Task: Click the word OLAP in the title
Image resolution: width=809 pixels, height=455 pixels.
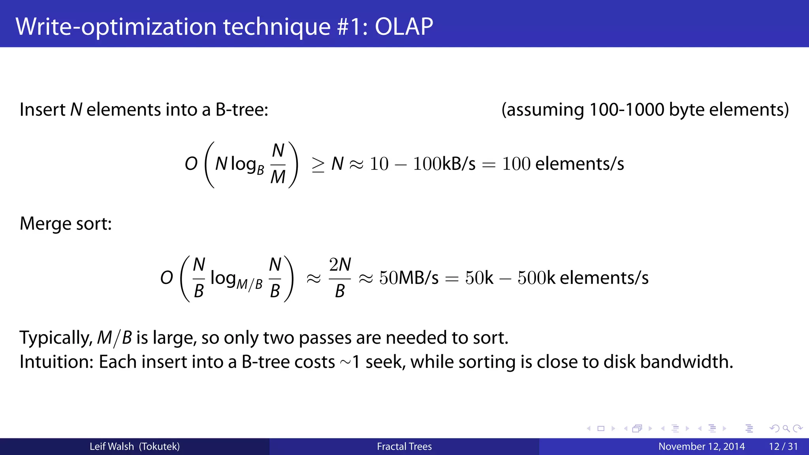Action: (x=403, y=26)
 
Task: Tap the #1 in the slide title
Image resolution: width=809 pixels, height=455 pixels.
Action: (x=352, y=26)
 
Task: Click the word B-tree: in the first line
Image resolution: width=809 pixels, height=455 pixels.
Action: (x=242, y=109)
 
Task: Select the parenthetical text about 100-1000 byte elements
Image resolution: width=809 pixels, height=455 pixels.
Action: (x=645, y=109)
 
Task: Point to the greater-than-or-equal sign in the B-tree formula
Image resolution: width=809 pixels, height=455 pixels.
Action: (x=318, y=164)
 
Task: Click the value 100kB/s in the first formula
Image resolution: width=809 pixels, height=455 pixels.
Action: (x=444, y=164)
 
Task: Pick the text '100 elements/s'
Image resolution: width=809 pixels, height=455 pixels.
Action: (x=563, y=164)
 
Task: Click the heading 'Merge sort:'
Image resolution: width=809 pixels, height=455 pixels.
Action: (x=66, y=224)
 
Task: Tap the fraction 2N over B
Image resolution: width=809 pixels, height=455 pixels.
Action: (x=340, y=278)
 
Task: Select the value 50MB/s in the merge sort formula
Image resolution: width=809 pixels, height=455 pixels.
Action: (x=409, y=278)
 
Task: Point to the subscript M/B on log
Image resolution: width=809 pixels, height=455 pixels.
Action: (x=249, y=284)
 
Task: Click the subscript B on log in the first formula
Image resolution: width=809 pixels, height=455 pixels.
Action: (x=260, y=170)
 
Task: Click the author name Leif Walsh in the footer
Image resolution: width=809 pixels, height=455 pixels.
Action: (x=112, y=446)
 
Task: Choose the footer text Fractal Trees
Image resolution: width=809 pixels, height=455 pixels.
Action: (x=404, y=446)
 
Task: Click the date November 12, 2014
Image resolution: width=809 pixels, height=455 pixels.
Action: (x=701, y=446)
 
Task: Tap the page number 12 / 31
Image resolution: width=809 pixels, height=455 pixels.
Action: (x=783, y=446)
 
